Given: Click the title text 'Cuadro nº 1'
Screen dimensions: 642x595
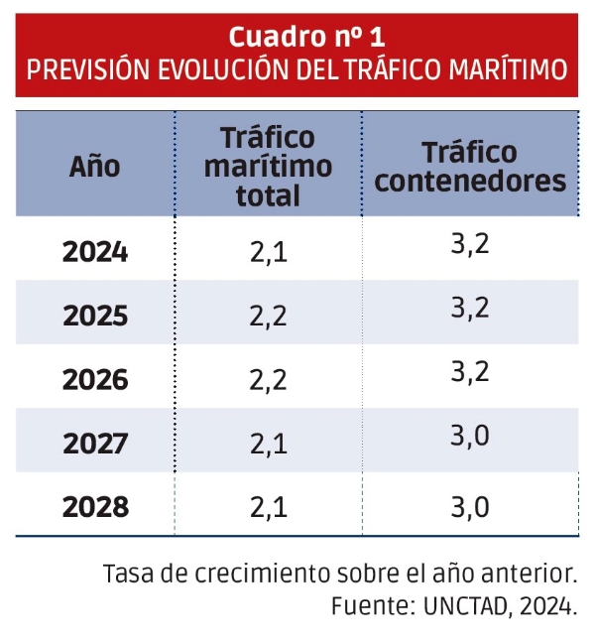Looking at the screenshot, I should [x=306, y=37].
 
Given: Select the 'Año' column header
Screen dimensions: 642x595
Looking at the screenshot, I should [x=94, y=166].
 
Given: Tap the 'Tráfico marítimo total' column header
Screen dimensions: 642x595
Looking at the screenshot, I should [x=268, y=166].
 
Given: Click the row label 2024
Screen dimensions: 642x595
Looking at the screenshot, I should [x=95, y=252].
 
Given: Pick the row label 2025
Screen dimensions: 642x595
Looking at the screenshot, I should [x=95, y=317].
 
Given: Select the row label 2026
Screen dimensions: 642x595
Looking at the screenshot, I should [x=95, y=380].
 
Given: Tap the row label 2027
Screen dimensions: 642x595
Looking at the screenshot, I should [x=95, y=444].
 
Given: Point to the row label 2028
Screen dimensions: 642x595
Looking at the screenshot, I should [x=95, y=507].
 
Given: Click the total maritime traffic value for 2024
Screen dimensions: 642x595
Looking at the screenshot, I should [x=268, y=253].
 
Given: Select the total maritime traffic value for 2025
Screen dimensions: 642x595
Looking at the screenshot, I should [x=268, y=317].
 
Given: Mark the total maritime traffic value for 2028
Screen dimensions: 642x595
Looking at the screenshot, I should [x=268, y=508].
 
